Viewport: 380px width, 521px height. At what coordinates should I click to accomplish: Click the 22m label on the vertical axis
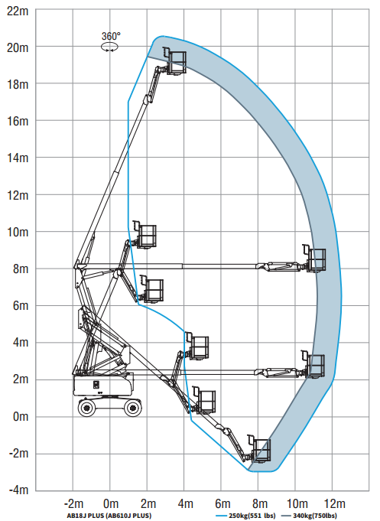click(18, 11)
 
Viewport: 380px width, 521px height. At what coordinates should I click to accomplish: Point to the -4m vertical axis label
click(18, 490)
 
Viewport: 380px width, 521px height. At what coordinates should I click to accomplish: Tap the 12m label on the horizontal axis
click(334, 503)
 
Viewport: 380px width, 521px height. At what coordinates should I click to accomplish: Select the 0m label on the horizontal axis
click(111, 503)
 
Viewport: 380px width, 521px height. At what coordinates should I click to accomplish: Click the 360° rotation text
click(111, 36)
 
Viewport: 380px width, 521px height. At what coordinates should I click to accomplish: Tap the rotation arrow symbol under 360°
click(109, 47)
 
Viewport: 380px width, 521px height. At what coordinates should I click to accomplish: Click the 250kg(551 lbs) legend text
click(252, 516)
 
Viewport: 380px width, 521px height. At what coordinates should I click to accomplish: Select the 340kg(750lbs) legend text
click(315, 516)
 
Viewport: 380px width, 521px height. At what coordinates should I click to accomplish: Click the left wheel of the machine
click(87, 407)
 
